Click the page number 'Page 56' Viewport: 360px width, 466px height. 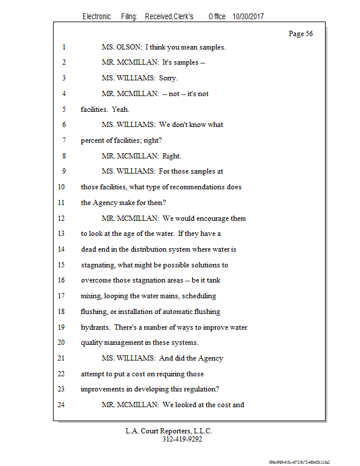click(301, 34)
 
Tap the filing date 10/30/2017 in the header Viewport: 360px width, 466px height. click(247, 17)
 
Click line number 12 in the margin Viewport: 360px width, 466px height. click(61, 218)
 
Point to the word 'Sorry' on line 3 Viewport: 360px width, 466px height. click(168, 78)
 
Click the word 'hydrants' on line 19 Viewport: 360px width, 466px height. click(95, 327)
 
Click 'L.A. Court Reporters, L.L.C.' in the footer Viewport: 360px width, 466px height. click(169, 432)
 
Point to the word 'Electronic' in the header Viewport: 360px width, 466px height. click(97, 17)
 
